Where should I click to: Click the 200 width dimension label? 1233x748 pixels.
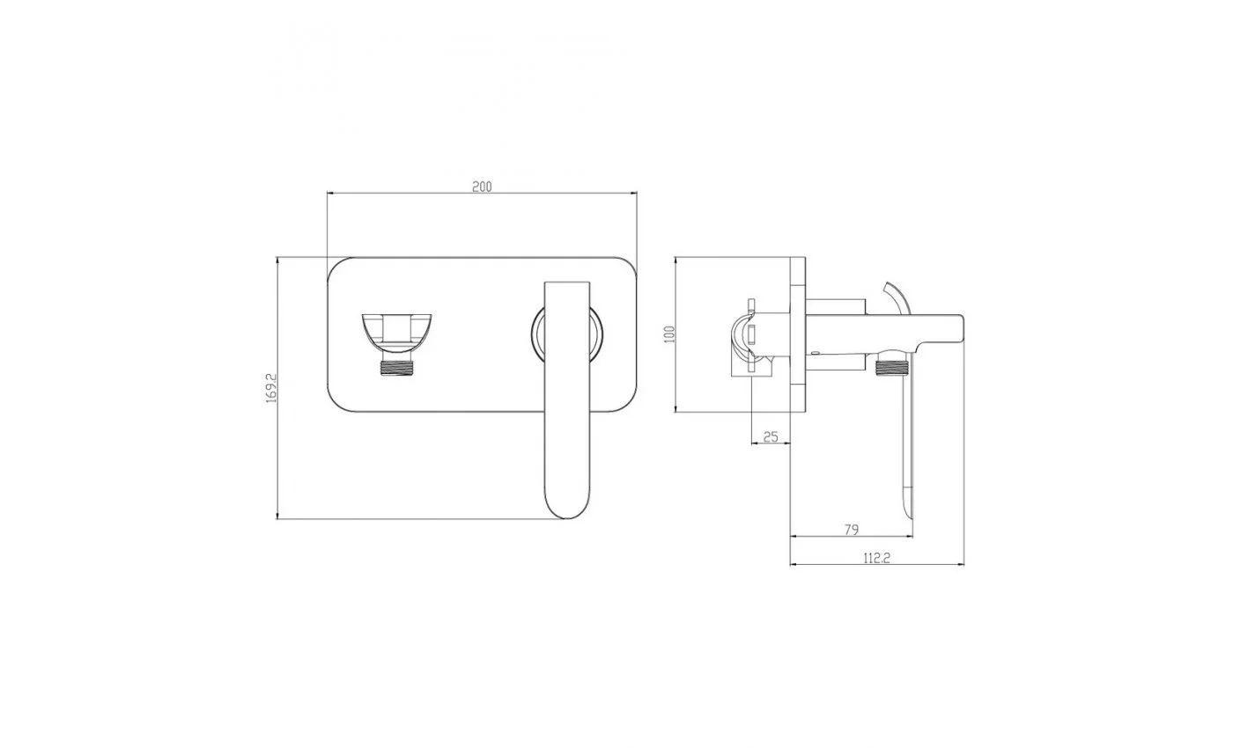[x=482, y=187]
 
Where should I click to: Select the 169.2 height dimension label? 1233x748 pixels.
[x=271, y=388]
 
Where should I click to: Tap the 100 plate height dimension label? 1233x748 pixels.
[x=669, y=334]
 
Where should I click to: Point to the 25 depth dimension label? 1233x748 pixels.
[x=771, y=436]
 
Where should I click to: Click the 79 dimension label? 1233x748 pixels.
[x=851, y=530]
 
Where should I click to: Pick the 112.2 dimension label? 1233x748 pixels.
[x=876, y=558]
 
